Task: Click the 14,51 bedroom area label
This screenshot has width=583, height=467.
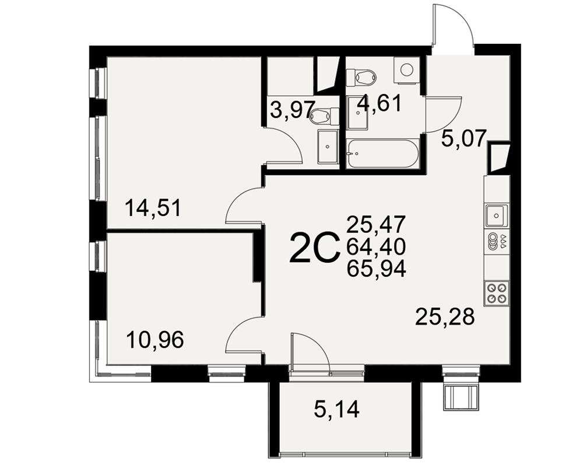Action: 153,208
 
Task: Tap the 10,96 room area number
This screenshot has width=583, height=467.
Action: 155,340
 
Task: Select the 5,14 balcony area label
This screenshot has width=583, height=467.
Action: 337,410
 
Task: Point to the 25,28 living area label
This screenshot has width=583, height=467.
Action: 445,317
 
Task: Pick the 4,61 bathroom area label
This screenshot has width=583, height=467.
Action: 380,103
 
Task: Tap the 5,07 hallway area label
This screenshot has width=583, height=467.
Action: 463,139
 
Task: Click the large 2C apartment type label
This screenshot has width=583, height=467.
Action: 315,248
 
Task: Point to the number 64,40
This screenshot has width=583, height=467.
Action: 376,246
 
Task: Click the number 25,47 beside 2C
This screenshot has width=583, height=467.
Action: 376,224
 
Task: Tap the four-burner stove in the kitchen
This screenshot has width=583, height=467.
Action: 497,293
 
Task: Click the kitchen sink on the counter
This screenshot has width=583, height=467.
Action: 496,215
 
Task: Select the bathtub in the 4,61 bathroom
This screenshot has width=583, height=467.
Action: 382,153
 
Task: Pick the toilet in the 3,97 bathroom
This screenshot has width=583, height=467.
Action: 324,116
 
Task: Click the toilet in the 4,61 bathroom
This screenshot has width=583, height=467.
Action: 361,77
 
